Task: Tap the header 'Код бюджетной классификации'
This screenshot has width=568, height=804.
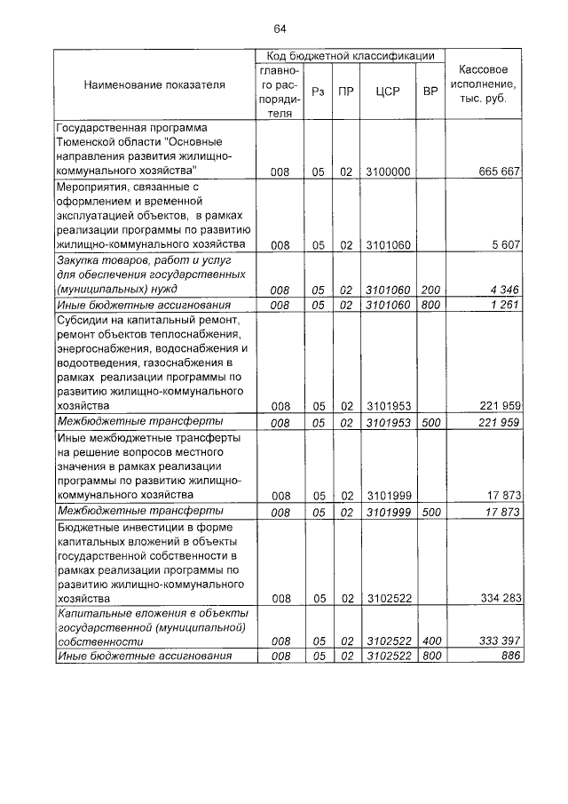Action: pos(350,55)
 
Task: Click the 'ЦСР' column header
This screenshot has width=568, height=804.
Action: pos(388,91)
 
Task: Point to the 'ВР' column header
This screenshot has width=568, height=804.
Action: pos(430,91)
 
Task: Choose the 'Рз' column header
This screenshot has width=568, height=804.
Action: pos(317,91)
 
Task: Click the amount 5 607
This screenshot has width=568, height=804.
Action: pos(506,244)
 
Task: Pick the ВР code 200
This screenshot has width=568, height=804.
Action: pos(430,290)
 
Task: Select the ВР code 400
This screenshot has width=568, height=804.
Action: pos(430,641)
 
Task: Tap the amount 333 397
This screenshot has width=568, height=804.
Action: pos(499,641)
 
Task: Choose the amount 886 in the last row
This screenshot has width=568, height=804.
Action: pos(510,656)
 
